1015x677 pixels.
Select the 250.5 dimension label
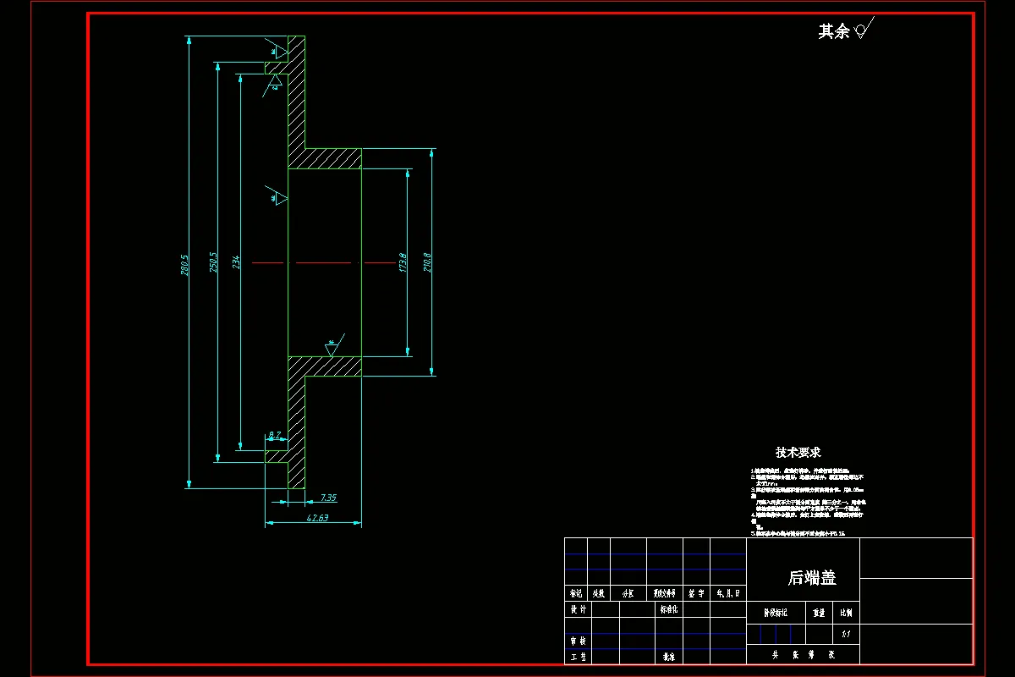click(x=213, y=264)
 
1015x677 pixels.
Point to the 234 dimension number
click(x=236, y=263)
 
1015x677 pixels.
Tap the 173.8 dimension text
click(x=403, y=263)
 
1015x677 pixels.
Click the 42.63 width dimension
click(x=318, y=517)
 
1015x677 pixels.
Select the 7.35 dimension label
click(x=328, y=498)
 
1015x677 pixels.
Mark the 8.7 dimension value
click(x=275, y=435)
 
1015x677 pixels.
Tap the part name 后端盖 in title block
click(x=812, y=578)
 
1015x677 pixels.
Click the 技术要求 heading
click(x=798, y=453)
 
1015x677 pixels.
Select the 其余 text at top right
click(x=833, y=32)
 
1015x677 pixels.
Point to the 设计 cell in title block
click(x=578, y=609)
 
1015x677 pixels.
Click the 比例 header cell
click(x=846, y=612)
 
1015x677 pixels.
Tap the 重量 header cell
click(x=818, y=612)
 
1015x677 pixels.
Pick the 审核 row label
click(x=578, y=641)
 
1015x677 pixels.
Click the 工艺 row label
click(x=578, y=656)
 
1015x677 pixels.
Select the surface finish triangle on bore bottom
click(x=331, y=347)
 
